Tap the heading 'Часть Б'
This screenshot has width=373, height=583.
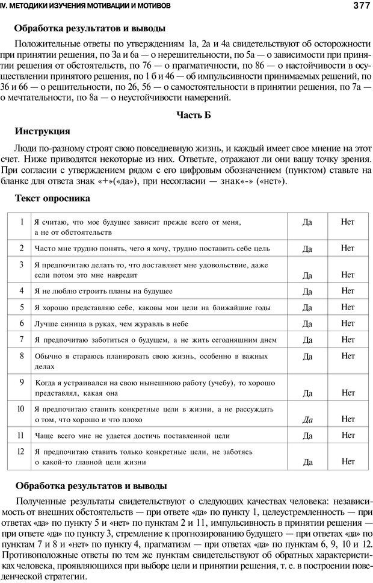click(193, 115)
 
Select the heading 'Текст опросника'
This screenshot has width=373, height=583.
click(52, 198)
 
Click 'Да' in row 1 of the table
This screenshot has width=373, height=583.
click(307, 222)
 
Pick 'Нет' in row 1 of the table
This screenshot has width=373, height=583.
click(348, 222)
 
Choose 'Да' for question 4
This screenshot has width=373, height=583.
click(307, 291)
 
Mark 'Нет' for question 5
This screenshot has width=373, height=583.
click(348, 307)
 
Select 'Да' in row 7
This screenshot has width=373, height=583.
click(307, 340)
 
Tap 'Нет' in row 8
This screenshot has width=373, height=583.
click(348, 355)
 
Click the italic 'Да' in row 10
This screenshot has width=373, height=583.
click(307, 419)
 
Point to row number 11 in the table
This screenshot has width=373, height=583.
click(21, 434)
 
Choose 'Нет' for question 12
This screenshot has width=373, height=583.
click(348, 461)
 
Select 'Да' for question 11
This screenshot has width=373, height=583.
click(307, 435)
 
